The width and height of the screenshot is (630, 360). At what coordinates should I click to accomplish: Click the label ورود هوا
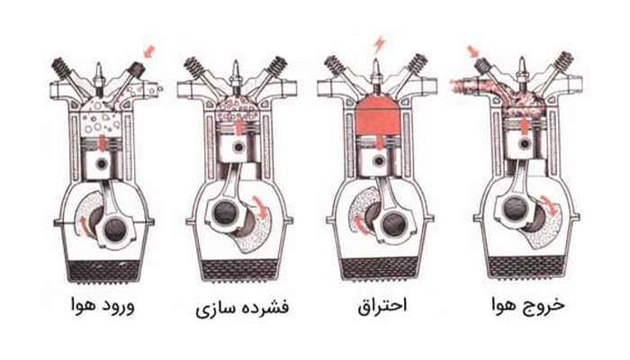[x=103, y=306]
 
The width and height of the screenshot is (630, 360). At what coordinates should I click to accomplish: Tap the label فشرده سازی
[x=242, y=308]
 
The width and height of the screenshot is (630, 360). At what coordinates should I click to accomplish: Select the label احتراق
[x=382, y=306]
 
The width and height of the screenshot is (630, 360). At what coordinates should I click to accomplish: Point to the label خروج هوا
[x=528, y=305]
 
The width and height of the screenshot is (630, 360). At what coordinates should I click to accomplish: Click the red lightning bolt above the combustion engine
[x=379, y=45]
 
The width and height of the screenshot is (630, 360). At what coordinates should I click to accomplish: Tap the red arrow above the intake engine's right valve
[x=149, y=52]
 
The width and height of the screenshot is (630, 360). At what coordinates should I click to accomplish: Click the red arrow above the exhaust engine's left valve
[x=473, y=52]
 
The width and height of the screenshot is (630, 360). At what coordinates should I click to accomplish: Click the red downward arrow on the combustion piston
[x=379, y=141]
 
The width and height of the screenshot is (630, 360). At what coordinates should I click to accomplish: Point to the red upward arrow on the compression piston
[x=239, y=128]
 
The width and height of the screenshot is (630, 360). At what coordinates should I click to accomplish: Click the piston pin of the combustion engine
[x=379, y=161]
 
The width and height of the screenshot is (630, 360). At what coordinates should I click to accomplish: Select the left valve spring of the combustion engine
[x=334, y=64]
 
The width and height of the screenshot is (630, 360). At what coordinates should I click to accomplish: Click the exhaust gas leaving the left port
[x=462, y=85]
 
